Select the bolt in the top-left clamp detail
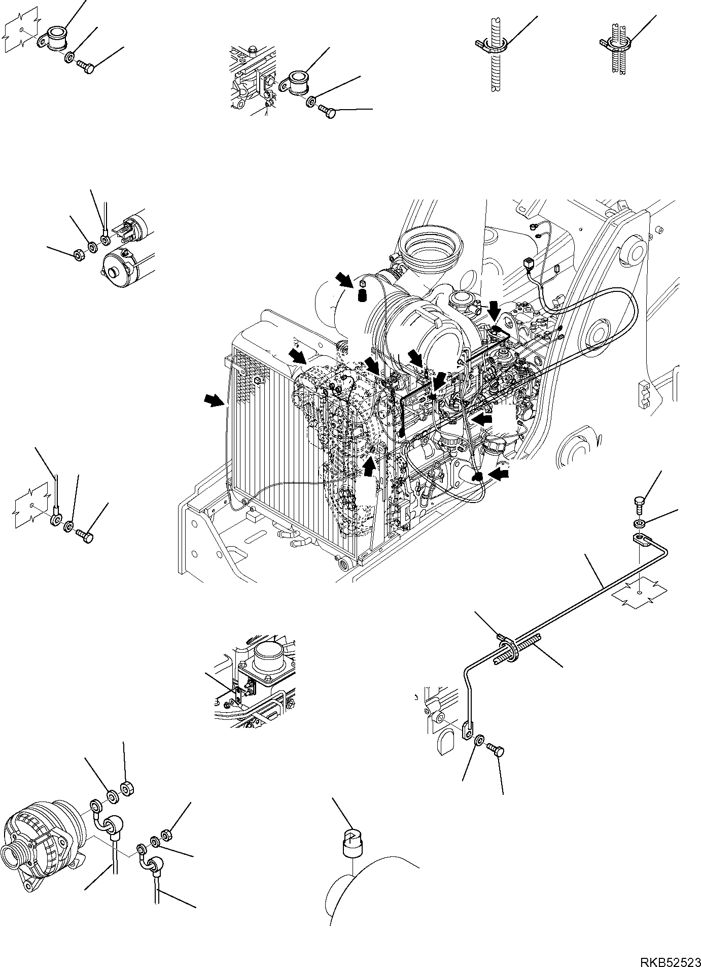[86, 67]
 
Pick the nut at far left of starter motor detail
[79, 255]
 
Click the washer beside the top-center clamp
[311, 103]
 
